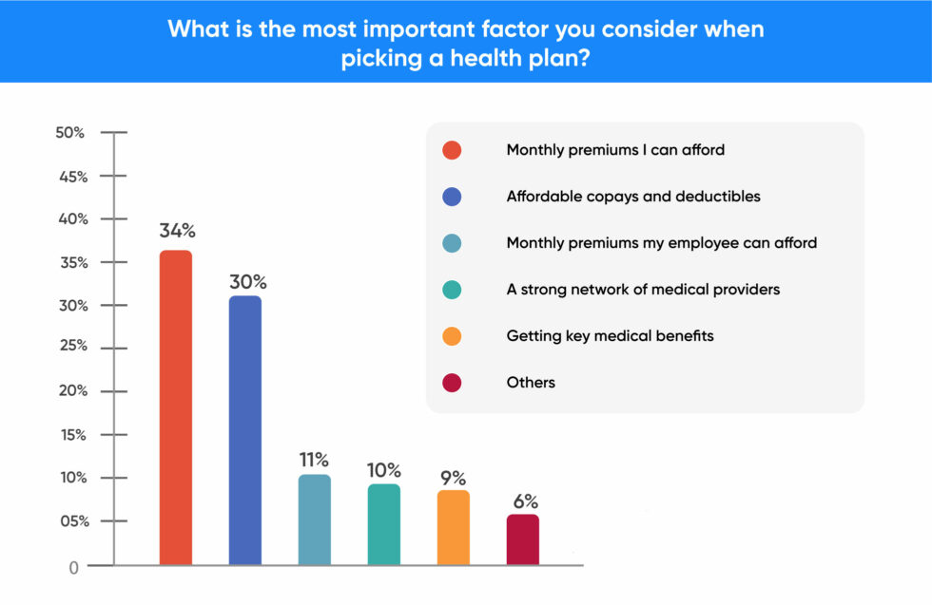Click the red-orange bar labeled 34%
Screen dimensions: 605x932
[x=175, y=408]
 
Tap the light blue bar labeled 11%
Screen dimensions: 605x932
[x=314, y=520]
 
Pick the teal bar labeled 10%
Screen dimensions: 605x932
[x=383, y=524]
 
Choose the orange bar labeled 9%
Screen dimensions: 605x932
[x=454, y=527]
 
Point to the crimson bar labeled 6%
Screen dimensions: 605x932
[x=522, y=539]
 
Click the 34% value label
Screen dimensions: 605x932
[x=177, y=231]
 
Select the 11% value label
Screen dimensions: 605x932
[x=316, y=460]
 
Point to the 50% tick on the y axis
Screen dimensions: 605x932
[x=70, y=133]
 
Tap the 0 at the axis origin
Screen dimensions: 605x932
[x=72, y=567]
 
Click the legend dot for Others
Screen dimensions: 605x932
[x=452, y=383]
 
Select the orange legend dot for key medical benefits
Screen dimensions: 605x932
[x=452, y=336]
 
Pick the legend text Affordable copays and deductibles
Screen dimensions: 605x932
[x=632, y=197]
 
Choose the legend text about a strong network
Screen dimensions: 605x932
[x=643, y=289]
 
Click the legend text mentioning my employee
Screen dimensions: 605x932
[x=661, y=243]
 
